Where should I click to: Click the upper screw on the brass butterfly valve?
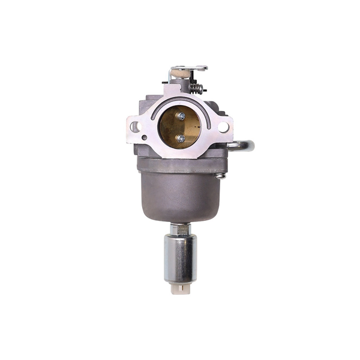pos(181,116)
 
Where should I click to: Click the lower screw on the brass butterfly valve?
pos(180,138)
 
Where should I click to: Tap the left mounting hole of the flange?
pos(136,127)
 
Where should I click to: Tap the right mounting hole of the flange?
pos(223,127)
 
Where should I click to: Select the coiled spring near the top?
pos(196,87)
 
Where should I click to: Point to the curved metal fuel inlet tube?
pos(242,146)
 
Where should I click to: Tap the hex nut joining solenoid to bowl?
pos(179,230)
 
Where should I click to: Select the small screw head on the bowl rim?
pos(221,176)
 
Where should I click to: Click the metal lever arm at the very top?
pos(189,68)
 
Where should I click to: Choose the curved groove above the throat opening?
pos(179,101)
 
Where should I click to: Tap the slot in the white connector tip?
pos(180,292)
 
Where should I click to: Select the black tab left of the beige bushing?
pos(169,79)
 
